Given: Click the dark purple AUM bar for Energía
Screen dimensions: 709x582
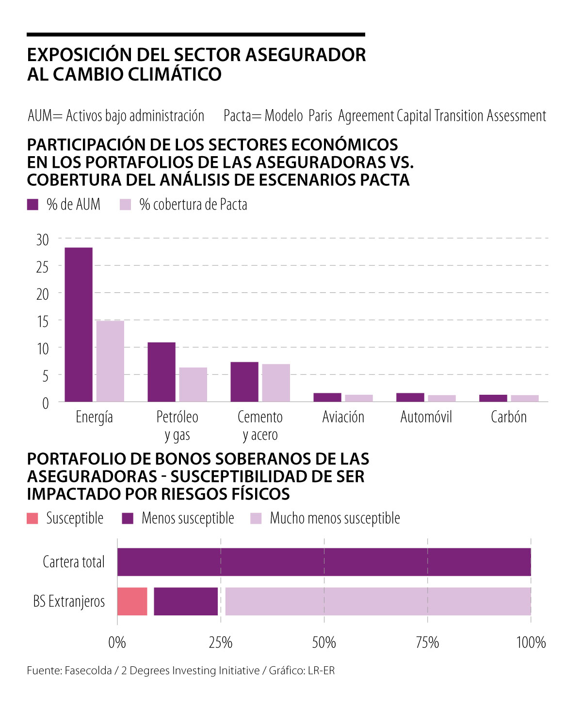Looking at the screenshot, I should pos(79,324).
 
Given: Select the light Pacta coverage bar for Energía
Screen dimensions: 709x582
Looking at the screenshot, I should pos(110,361).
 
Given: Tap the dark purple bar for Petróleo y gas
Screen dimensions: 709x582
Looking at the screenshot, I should pos(162,372).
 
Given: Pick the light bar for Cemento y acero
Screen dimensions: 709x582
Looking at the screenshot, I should pos(276,383).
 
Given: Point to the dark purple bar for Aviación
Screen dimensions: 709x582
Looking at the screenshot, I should pos(327,397).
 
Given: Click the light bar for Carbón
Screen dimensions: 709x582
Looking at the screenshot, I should pos(525,398).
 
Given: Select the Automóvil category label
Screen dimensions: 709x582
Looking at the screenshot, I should pos(426,417).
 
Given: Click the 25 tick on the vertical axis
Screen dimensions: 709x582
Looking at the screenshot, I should pos(43,266).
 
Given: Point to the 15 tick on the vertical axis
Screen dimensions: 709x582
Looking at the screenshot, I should pos(43,321).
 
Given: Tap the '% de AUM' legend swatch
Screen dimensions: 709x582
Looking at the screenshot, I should pos(33,205).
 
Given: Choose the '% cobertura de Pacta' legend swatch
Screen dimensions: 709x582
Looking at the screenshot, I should pos(126,205).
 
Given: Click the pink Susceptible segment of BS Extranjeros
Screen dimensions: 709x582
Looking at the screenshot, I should pos(132,601).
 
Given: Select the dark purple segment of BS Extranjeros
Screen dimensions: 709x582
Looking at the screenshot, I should pos(186,601).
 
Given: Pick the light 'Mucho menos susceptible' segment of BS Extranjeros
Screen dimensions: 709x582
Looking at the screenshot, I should pos(378,601).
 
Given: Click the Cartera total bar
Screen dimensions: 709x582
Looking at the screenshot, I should pos(324,562).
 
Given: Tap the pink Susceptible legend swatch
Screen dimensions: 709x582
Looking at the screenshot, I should pos(32,518).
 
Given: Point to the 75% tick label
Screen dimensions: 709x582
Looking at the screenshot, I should pos(427,643).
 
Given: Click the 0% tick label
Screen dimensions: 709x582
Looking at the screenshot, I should pos(117,643).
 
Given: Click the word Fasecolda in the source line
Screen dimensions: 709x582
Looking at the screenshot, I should pos(88,671).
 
